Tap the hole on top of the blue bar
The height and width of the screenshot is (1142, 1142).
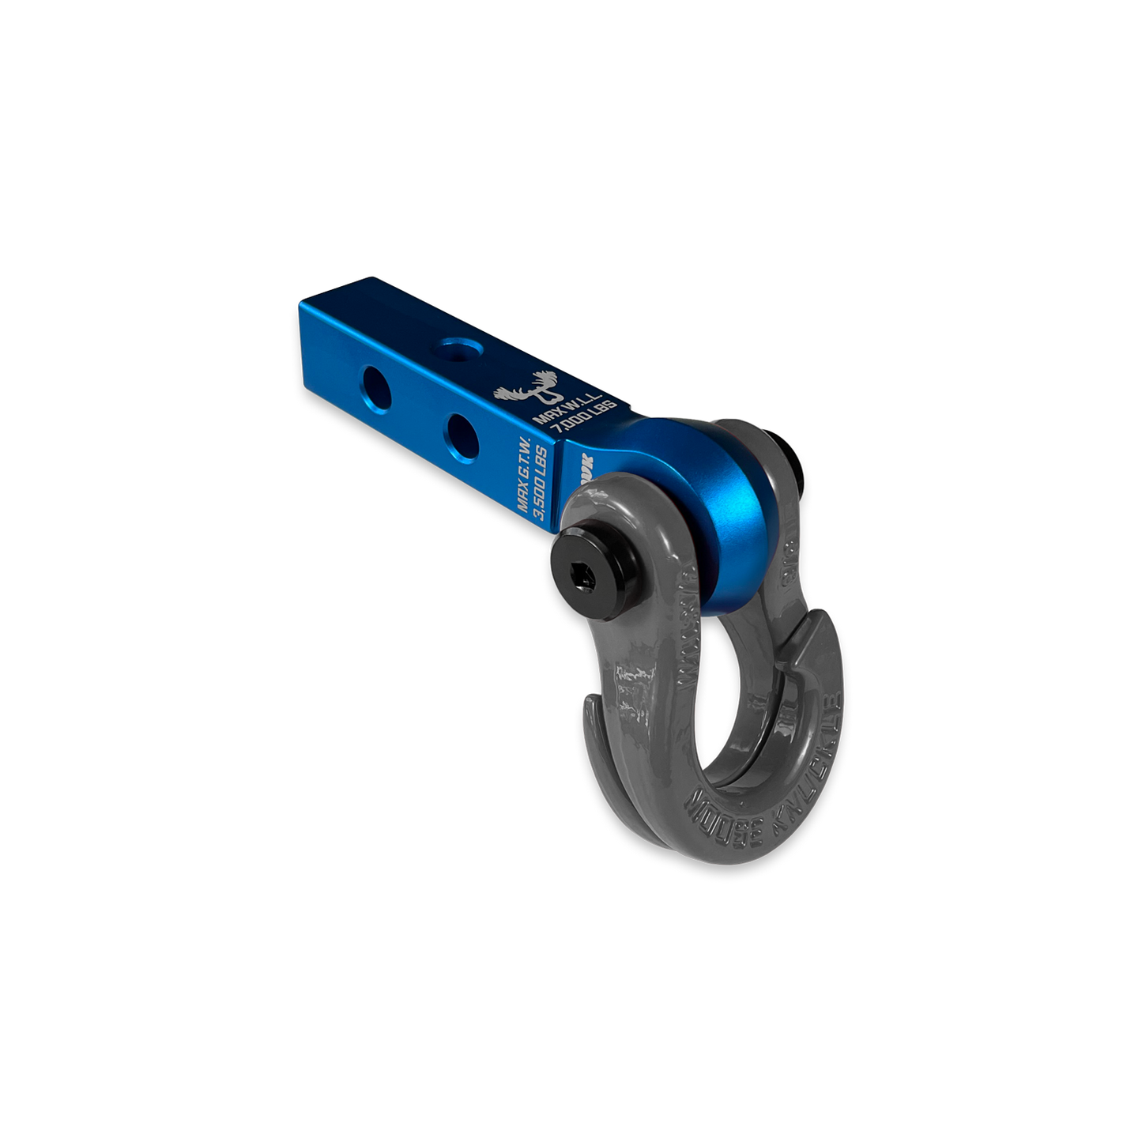[454, 349]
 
